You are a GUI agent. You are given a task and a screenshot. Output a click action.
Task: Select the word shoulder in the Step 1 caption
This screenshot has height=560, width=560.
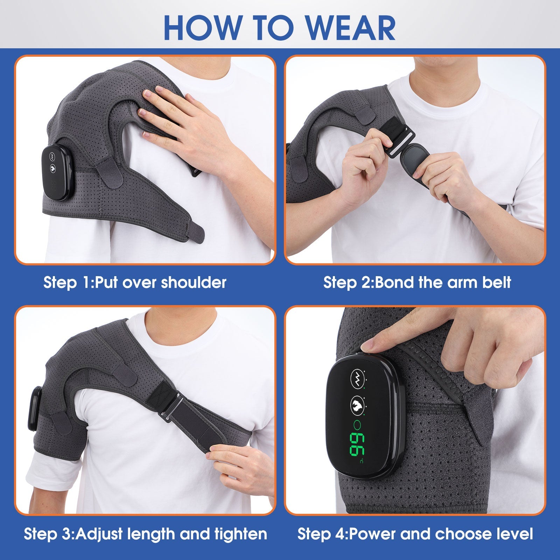(194, 282)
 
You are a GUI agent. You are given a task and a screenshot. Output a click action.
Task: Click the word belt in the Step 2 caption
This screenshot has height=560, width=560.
(496, 282)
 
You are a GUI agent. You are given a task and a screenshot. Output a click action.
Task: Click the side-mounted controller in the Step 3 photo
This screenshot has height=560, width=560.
(34, 408)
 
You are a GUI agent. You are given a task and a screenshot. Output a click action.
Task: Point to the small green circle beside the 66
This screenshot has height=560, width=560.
(358, 425)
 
